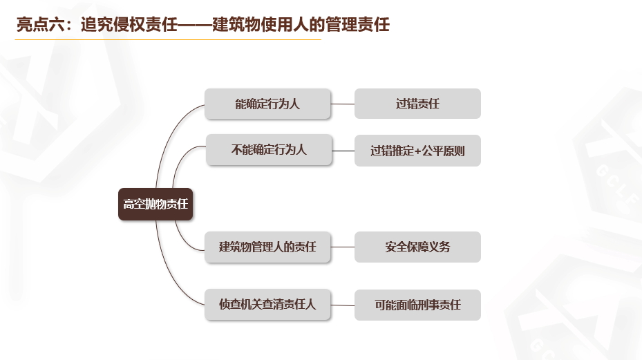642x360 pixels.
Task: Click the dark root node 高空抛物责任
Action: pyautogui.click(x=155, y=204)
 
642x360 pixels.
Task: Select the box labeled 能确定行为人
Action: pyautogui.click(x=268, y=104)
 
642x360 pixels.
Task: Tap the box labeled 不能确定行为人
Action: pyautogui.click(x=269, y=150)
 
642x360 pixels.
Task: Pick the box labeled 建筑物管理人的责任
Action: pyautogui.click(x=268, y=247)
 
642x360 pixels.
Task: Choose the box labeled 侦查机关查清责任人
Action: pyautogui.click(x=268, y=305)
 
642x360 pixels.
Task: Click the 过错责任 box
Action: pyautogui.click(x=417, y=104)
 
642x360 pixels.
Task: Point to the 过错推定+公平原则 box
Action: pyautogui.click(x=417, y=151)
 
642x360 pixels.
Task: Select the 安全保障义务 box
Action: pyautogui.click(x=417, y=247)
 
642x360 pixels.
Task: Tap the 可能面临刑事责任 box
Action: pyautogui.click(x=417, y=305)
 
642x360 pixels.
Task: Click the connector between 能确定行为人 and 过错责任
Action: pyautogui.click(x=343, y=104)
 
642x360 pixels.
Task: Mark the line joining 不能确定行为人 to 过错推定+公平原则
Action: pyautogui.click(x=343, y=151)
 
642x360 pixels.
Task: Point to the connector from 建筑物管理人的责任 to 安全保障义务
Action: pyautogui.click(x=343, y=247)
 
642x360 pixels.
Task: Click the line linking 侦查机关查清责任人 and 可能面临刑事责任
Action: pyautogui.click(x=343, y=305)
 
